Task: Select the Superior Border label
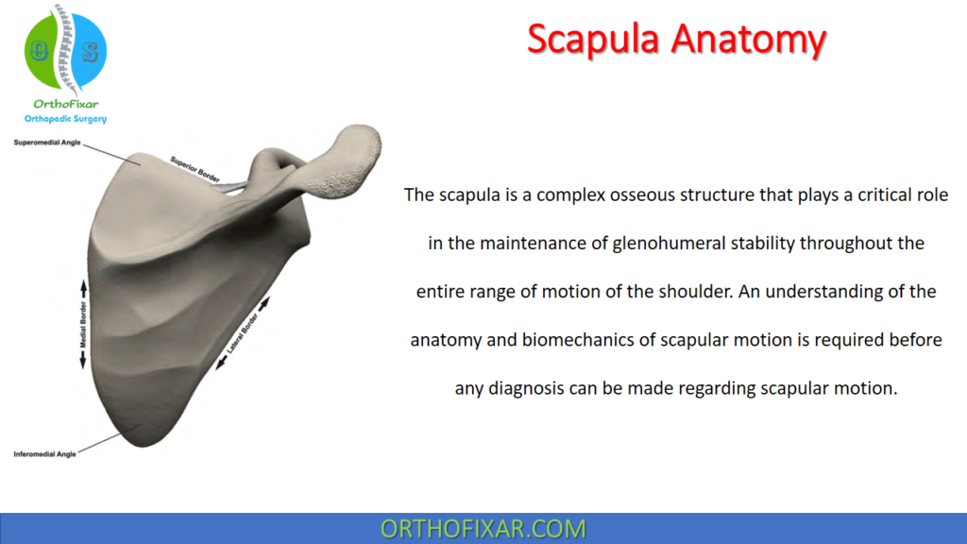(195, 166)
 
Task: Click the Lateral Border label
(245, 334)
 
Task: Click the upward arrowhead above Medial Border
(83, 284)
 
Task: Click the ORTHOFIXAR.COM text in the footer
(483, 528)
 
